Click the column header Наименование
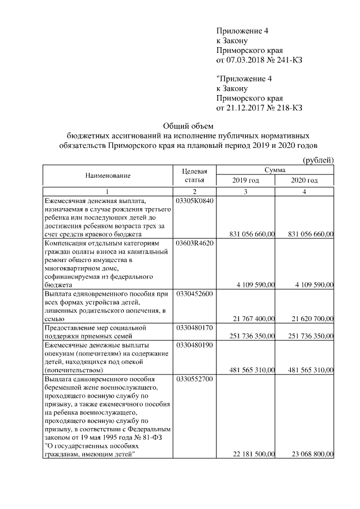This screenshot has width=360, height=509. click(x=108, y=175)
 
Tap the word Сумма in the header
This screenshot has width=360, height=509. click(x=274, y=170)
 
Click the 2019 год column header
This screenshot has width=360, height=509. click(x=245, y=181)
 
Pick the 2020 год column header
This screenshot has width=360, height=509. click(x=304, y=181)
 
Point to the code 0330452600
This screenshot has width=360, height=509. click(x=195, y=294)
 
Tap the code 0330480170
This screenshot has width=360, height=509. click(x=195, y=327)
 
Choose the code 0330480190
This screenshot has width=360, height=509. click(x=195, y=344)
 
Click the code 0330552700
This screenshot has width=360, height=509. click(x=195, y=380)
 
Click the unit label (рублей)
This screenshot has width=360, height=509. click(x=318, y=160)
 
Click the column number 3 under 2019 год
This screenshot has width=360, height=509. click(x=245, y=192)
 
